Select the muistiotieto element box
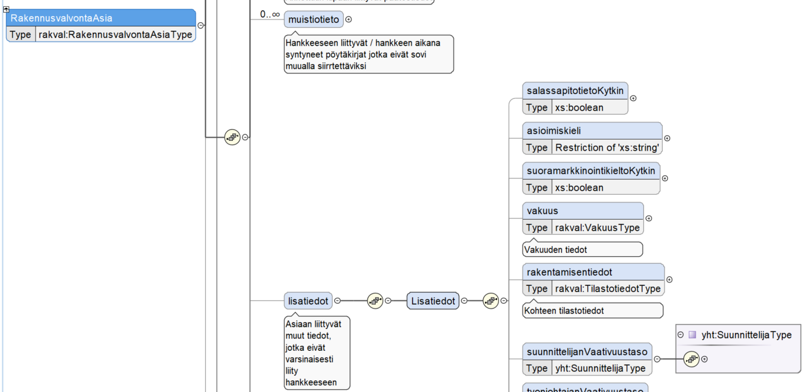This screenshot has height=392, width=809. click(314, 19)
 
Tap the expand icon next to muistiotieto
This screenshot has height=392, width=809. click(349, 19)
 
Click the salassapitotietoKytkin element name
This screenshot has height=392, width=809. click(575, 91)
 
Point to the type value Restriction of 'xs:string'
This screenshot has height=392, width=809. click(607, 147)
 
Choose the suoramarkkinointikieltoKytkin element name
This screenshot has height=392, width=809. click(590, 171)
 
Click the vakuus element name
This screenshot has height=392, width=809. click(542, 211)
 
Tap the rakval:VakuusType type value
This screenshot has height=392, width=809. click(598, 227)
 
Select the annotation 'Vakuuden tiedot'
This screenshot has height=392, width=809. click(556, 250)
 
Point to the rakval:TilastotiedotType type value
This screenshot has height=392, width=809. click(608, 289)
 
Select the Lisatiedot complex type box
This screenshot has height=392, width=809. click(433, 301)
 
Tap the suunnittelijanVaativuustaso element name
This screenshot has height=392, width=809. click(587, 351)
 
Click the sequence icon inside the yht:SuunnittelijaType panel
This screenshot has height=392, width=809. click(691, 359)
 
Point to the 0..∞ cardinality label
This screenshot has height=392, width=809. click(270, 14)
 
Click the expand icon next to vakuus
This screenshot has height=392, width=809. click(648, 219)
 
